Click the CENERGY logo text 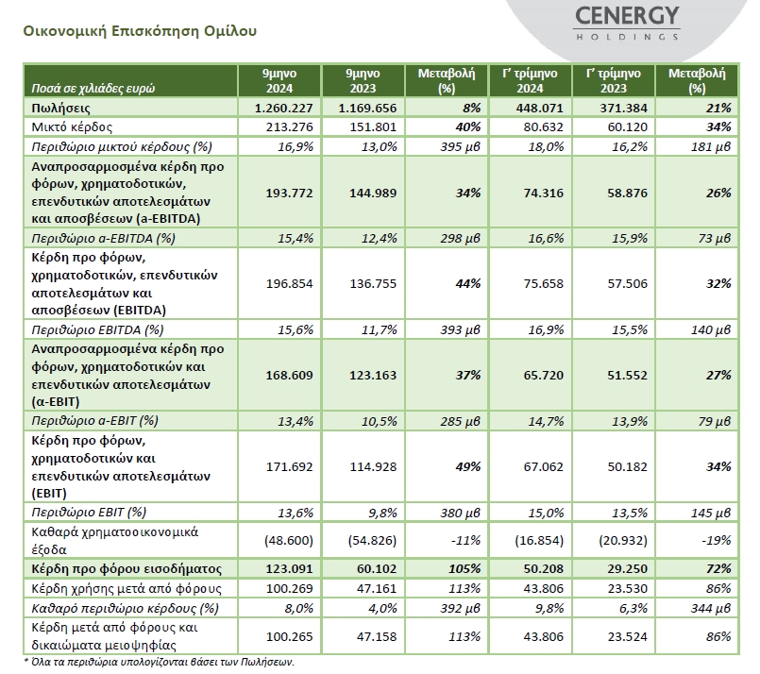coord(627,16)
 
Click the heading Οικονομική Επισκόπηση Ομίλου coord(140,31)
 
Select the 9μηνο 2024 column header coord(279,81)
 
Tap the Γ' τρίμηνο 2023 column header coord(613,81)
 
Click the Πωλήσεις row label coord(60,108)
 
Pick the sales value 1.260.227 coord(283,108)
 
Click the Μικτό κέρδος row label coord(72,126)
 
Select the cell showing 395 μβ coord(460,147)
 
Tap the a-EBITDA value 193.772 coord(289,193)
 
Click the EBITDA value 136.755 coord(373,283)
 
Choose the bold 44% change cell coord(467,283)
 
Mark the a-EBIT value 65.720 coord(544,375)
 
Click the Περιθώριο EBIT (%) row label coord(89,513)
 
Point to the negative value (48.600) coord(289,540)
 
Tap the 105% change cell coord(464,569)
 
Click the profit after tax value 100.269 coord(289,589)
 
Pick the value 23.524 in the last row coord(627,636)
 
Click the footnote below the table coord(159,662)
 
